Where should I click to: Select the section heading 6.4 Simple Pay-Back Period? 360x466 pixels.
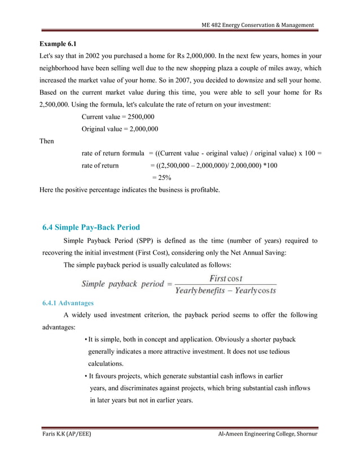tap(91, 228)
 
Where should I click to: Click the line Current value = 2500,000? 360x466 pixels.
tap(118, 116)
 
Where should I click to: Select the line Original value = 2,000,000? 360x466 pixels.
tap(120, 129)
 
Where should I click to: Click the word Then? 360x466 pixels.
tap(46, 141)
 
